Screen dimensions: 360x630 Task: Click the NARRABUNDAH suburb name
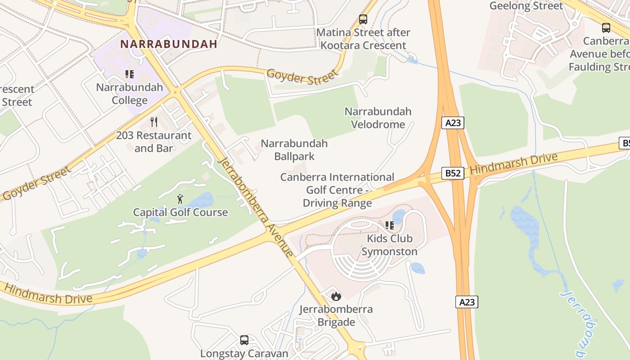click(x=169, y=44)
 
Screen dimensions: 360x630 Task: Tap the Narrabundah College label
click(x=130, y=94)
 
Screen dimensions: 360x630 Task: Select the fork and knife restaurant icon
click(x=154, y=121)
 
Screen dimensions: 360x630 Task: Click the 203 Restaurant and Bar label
click(x=154, y=142)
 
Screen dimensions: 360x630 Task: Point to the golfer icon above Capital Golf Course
click(x=180, y=198)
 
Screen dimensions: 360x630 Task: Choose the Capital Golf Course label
click(x=180, y=212)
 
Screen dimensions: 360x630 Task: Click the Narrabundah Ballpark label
click(x=294, y=150)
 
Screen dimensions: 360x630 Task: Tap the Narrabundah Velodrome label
click(x=378, y=118)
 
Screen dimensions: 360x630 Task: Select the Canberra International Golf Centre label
click(x=337, y=190)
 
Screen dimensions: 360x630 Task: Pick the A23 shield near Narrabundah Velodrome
click(x=452, y=123)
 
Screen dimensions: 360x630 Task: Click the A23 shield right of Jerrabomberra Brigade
click(x=467, y=302)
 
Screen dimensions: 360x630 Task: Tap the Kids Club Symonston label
click(x=389, y=245)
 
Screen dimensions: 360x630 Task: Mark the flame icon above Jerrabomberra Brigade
click(x=336, y=296)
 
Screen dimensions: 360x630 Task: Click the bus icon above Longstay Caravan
click(x=244, y=340)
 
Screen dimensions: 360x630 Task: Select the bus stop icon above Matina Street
click(x=363, y=19)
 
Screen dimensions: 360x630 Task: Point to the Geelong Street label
click(x=526, y=6)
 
